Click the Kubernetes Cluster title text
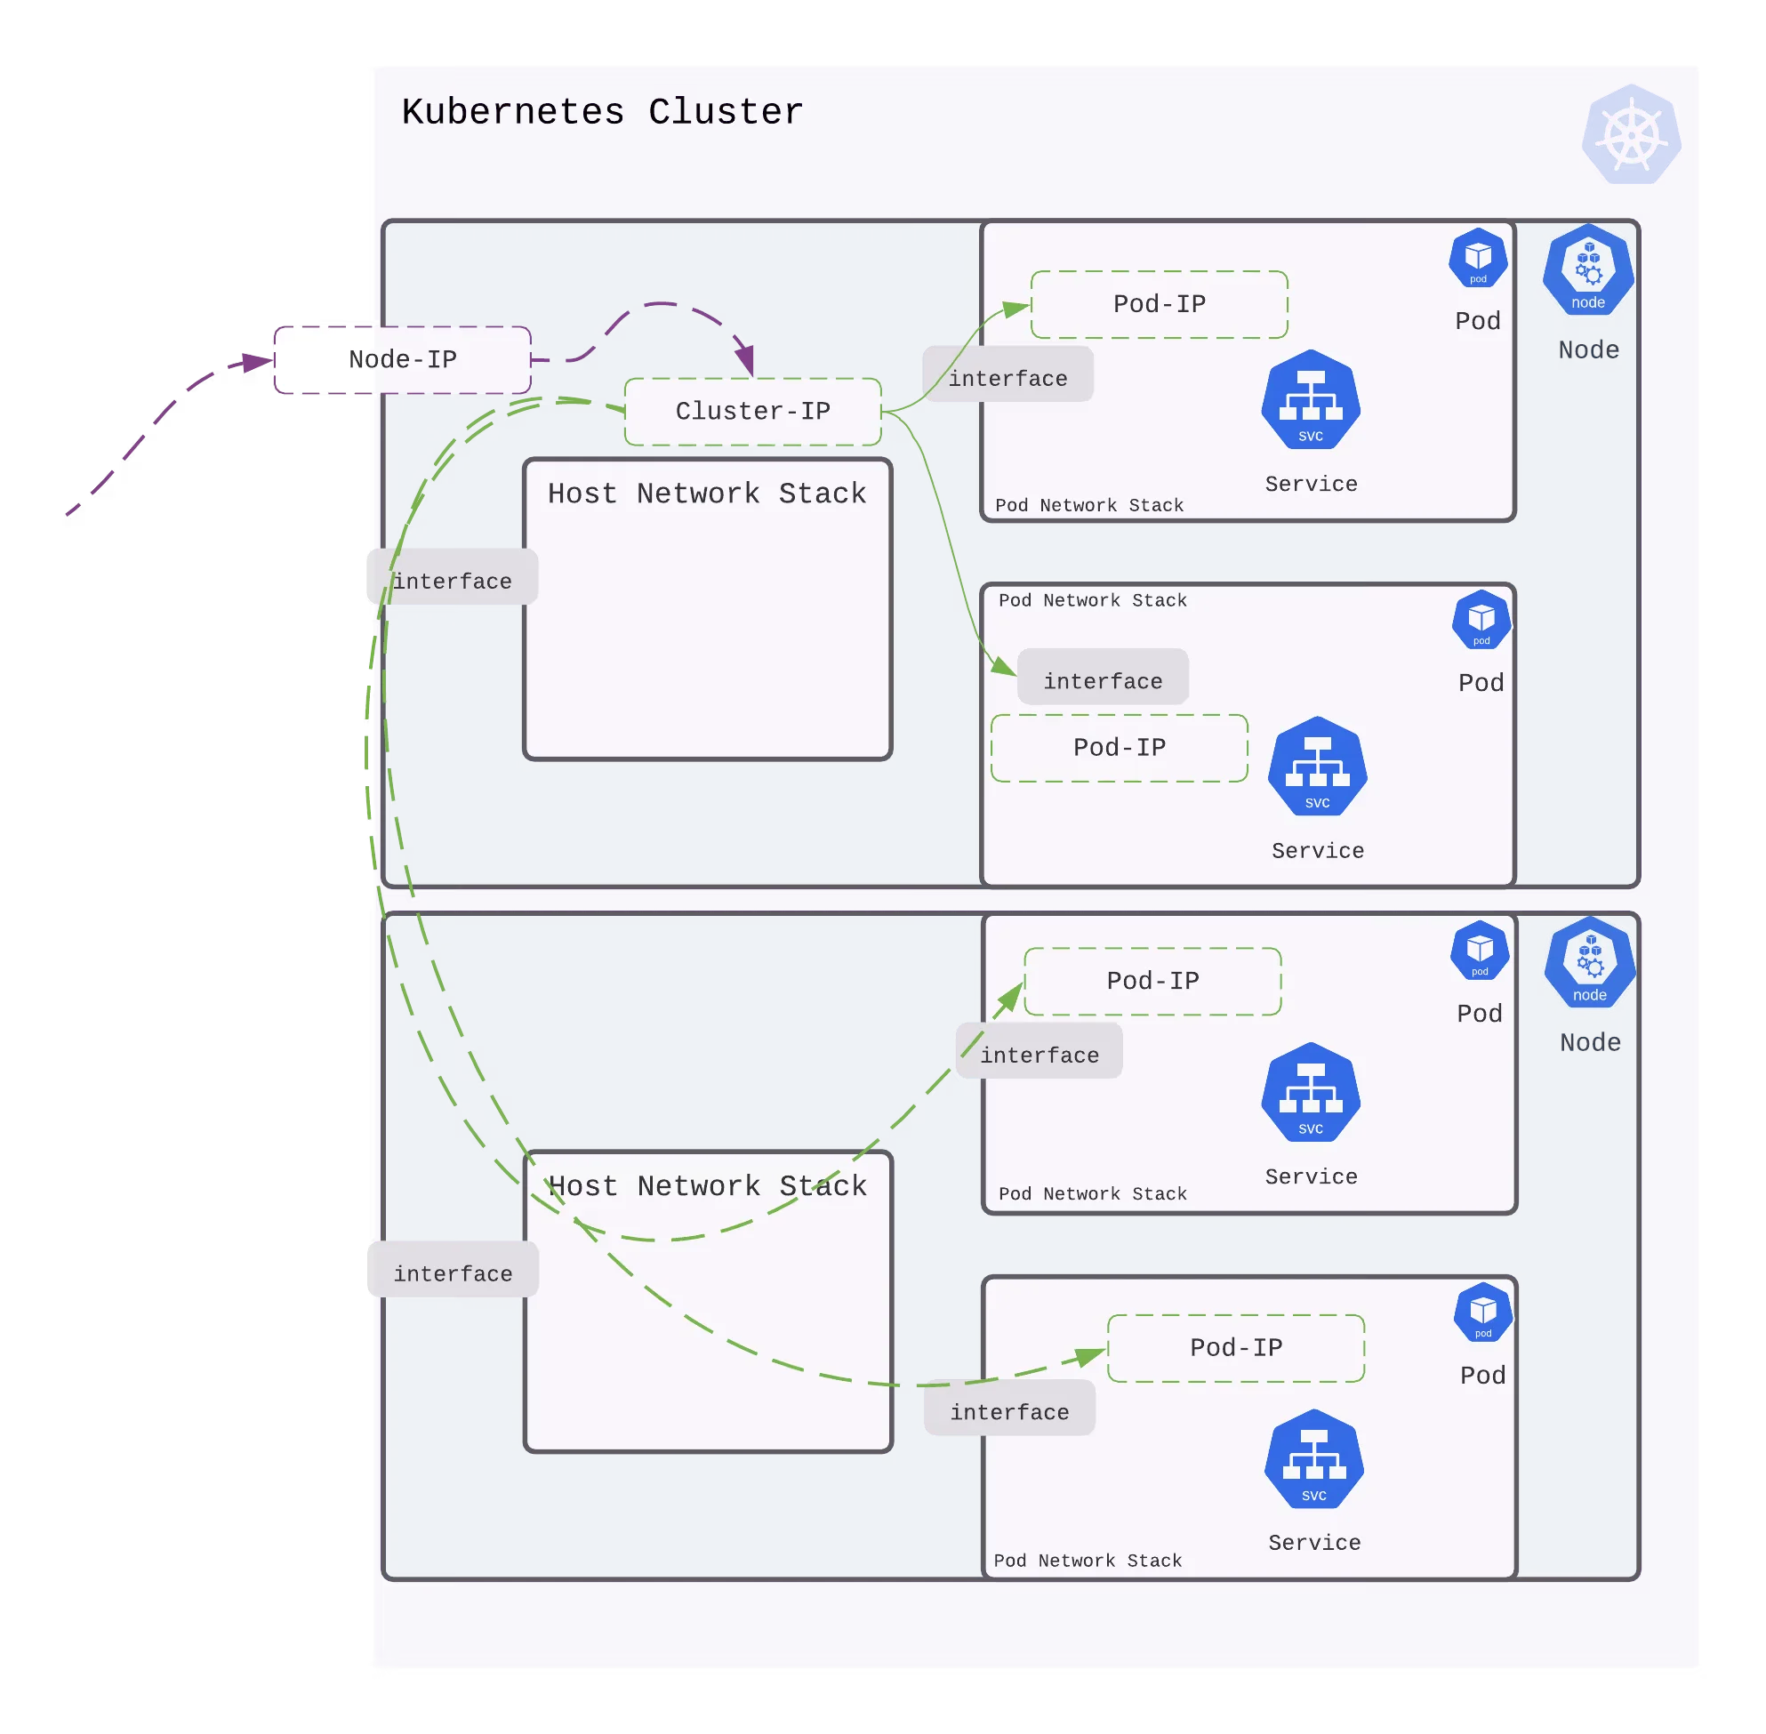[x=602, y=112]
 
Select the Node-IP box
[x=403, y=360]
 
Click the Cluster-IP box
[x=753, y=412]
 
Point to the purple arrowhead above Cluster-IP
[x=746, y=361]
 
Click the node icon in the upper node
[x=1587, y=271]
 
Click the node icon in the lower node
[x=1589, y=964]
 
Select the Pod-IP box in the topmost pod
[x=1160, y=304]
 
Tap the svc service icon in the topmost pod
[x=1311, y=401]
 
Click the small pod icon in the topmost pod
[x=1478, y=258]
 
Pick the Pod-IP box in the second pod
[x=1120, y=748]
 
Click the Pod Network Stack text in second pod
[x=1093, y=600]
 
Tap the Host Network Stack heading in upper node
[x=707, y=494]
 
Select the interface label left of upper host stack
[x=452, y=580]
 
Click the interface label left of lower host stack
[x=452, y=1272]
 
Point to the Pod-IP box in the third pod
[x=1153, y=981]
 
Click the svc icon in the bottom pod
[x=1314, y=1459]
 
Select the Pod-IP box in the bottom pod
[x=1236, y=1348]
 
